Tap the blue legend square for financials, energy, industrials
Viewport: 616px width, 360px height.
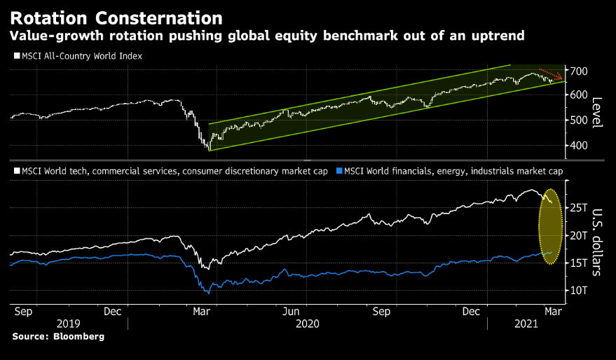coord(341,170)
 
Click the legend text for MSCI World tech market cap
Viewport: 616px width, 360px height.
coord(172,170)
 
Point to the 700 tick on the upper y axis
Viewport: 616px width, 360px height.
coord(579,71)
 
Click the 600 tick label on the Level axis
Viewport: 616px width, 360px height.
coord(579,96)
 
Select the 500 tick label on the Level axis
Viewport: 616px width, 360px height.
coord(579,120)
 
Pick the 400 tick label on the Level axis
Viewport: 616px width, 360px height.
coord(579,146)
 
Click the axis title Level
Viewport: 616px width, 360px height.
coord(598,112)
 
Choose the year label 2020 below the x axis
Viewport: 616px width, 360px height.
coord(307,324)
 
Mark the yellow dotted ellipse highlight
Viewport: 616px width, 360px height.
coord(552,227)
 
